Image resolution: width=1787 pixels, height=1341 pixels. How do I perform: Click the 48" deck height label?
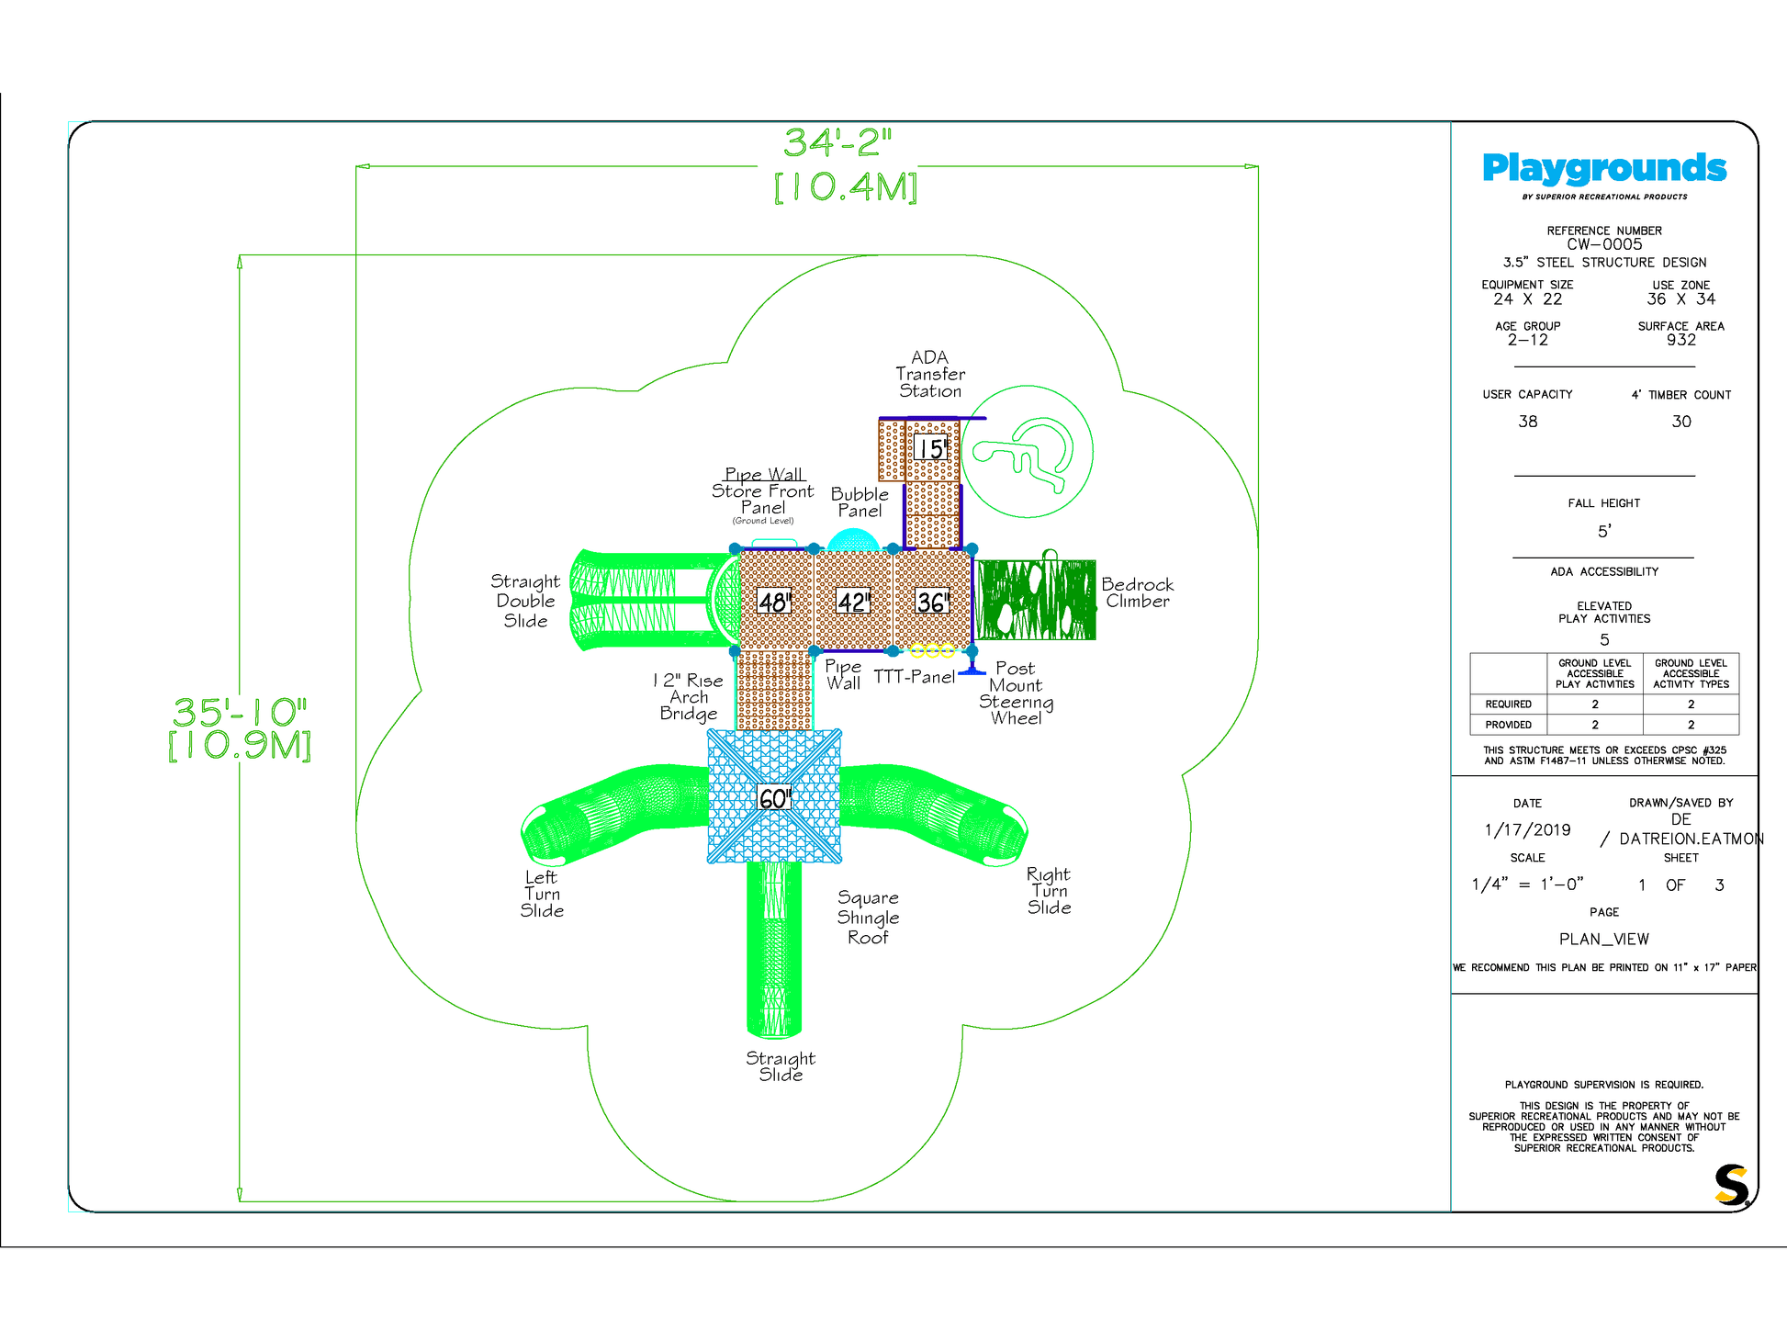click(x=774, y=602)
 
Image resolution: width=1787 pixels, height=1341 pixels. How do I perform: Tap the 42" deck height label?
click(x=853, y=602)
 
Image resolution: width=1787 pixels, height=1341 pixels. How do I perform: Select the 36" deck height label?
click(x=932, y=602)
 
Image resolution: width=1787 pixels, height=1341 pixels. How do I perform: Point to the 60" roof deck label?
click(x=774, y=798)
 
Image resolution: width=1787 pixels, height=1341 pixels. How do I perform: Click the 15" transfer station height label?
click(x=932, y=449)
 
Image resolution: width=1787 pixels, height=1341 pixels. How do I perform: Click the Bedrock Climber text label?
click(x=1137, y=592)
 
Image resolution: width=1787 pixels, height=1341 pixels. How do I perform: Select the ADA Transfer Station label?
click(x=930, y=374)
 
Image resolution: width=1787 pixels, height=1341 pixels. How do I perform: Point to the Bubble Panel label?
click(x=860, y=502)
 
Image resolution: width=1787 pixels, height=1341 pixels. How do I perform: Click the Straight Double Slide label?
click(x=525, y=601)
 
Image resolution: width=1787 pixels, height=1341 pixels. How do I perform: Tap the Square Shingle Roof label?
click(x=868, y=917)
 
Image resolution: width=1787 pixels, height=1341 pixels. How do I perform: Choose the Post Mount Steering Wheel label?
click(x=1016, y=693)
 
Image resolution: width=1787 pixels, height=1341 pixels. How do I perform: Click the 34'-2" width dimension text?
click(x=837, y=142)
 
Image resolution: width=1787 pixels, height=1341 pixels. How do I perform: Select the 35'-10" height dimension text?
click(x=240, y=712)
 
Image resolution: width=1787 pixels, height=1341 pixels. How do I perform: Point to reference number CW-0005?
click(x=1604, y=244)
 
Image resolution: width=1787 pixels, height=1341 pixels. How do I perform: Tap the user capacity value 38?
click(x=1527, y=422)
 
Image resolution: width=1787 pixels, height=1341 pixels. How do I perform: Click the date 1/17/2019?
click(x=1527, y=830)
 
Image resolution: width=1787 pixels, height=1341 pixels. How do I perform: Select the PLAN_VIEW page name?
click(x=1604, y=939)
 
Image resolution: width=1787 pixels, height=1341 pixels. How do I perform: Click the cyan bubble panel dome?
click(x=853, y=540)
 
